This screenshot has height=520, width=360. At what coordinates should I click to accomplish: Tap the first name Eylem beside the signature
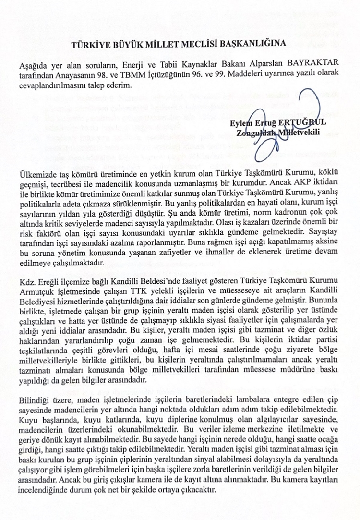240,123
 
